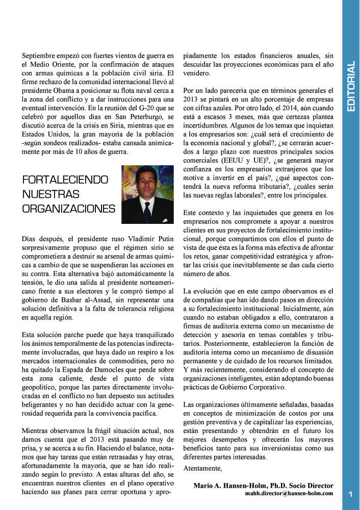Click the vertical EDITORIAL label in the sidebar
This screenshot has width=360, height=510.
[x=350, y=87]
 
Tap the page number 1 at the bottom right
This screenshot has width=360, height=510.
[x=350, y=494]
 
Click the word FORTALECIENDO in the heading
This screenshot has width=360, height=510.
[x=66, y=180]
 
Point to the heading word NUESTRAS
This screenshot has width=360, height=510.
[x=51, y=194]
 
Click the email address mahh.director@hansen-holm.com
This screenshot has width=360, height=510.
[x=289, y=493]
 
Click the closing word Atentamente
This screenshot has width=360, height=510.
[x=202, y=468]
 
